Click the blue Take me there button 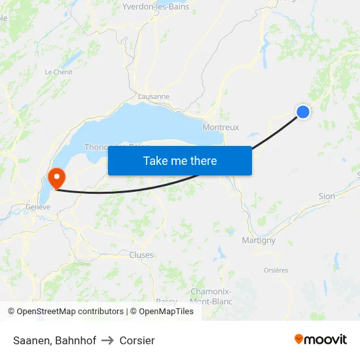pos(179,160)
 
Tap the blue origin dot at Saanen pos(303,112)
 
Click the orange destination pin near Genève pos(56,177)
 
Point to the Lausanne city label pos(154,96)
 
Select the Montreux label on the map pos(221,127)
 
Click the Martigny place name pos(259,240)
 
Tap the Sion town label pos(326,196)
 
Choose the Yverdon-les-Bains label pos(156,7)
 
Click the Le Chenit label pos(58,72)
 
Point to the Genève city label pos(38,207)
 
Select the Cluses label pos(141,255)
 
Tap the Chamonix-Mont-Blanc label pos(210,296)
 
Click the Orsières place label pos(276,270)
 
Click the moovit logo pos(320,339)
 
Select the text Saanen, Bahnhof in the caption pos(54,340)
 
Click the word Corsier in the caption pos(137,340)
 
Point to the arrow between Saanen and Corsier pos(108,340)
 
